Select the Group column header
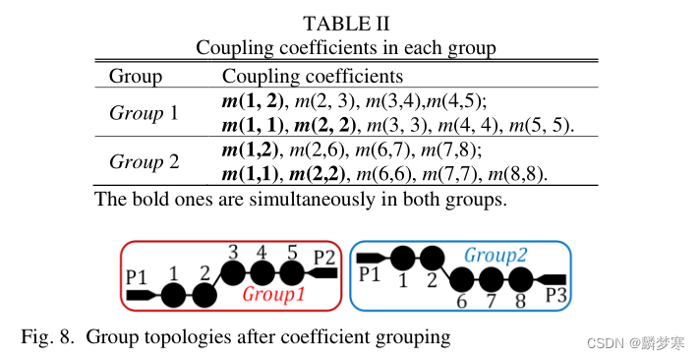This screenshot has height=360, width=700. [135, 76]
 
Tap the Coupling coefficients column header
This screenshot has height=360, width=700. [312, 76]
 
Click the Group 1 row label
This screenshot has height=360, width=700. [144, 113]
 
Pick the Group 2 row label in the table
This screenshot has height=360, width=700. [144, 161]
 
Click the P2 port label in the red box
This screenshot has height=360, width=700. [324, 257]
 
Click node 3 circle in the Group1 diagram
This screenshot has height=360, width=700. [233, 272]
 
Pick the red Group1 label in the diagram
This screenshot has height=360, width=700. [273, 294]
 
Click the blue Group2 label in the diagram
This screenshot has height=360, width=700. [496, 254]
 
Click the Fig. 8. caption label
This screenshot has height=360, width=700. [48, 337]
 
